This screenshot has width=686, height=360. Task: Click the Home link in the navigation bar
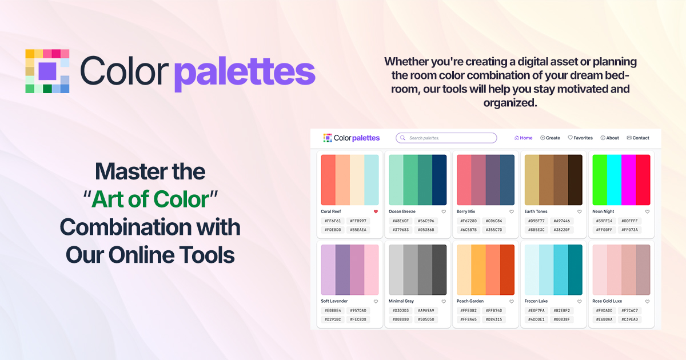click(x=523, y=138)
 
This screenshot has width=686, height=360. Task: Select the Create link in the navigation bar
click(x=550, y=138)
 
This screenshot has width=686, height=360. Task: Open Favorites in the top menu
click(x=580, y=138)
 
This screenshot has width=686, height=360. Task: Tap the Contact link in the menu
click(x=638, y=138)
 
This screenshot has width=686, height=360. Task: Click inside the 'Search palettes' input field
click(x=449, y=138)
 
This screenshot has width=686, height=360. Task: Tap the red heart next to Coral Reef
click(x=376, y=211)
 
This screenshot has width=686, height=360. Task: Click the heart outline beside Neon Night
click(x=647, y=211)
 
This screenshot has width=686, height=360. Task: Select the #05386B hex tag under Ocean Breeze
click(x=426, y=230)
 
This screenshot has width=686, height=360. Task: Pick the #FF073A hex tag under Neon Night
click(x=630, y=230)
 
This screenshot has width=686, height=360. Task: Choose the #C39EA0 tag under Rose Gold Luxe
click(x=630, y=319)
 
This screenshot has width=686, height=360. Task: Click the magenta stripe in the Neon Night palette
click(x=628, y=179)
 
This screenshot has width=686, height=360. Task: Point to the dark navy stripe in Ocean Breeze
click(x=439, y=179)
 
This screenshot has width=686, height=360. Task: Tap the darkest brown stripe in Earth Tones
click(x=575, y=179)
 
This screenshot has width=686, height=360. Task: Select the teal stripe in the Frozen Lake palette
click(x=575, y=269)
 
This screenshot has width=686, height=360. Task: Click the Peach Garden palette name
click(x=470, y=301)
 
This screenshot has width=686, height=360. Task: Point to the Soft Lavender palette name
click(x=334, y=301)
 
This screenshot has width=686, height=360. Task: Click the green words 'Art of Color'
click(x=150, y=199)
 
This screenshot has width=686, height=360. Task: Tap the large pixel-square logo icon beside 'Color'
click(x=47, y=71)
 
